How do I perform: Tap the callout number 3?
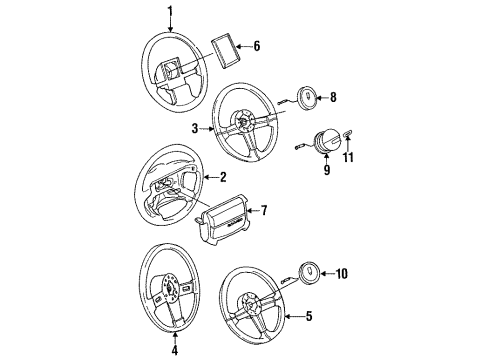click(196, 128)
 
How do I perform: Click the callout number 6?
click(256, 45)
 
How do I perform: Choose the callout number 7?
click(264, 210)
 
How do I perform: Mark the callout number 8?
click(333, 98)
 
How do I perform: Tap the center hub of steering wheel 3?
click(244, 126)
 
